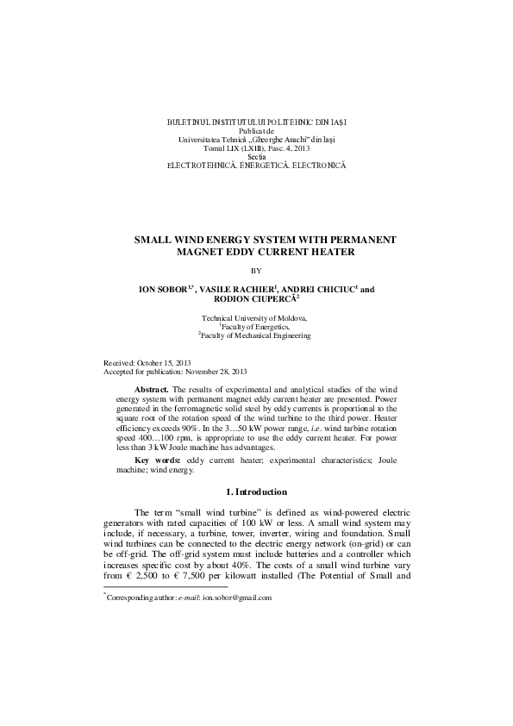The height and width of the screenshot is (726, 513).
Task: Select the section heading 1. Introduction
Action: pyautogui.click(x=256, y=491)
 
